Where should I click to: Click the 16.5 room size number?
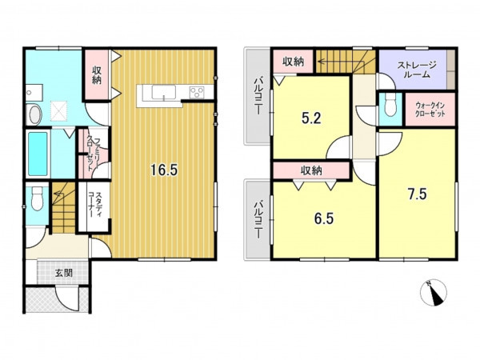pyautogui.click(x=164, y=170)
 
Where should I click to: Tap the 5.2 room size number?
pyautogui.click(x=311, y=118)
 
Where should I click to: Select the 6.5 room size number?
pyautogui.click(x=324, y=218)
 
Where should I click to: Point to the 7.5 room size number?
pyautogui.click(x=418, y=194)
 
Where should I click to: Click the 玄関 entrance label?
pyautogui.click(x=64, y=273)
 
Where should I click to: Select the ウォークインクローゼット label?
pyautogui.click(x=430, y=110)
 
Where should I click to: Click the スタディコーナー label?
pyautogui.click(x=95, y=205)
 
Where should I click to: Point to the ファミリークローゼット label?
pyautogui.click(x=93, y=153)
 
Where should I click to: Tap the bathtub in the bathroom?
pyautogui.click(x=38, y=154)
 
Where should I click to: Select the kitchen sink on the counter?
pyautogui.click(x=164, y=93)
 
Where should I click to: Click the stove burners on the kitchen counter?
pyautogui.click(x=197, y=93)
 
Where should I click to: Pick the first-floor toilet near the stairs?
pyautogui.click(x=38, y=198)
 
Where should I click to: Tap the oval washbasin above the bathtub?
pyautogui.click(x=34, y=114)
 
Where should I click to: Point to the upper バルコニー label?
pyautogui.click(x=258, y=96)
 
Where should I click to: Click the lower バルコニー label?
pyautogui.click(x=258, y=219)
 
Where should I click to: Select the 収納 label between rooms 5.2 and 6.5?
pyautogui.click(x=311, y=170)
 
